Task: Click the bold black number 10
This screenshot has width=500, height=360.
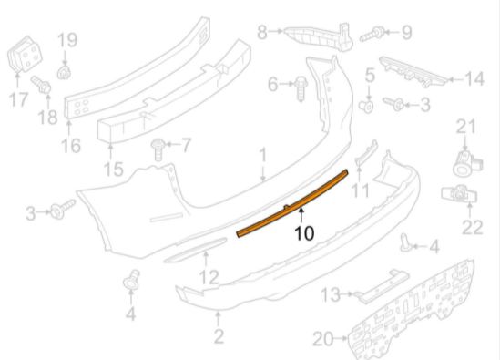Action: tap(304, 233)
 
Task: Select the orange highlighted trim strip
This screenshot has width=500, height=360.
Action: tap(291, 203)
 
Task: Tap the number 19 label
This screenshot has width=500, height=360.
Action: tap(67, 40)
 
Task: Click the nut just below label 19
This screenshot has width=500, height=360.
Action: tap(64, 73)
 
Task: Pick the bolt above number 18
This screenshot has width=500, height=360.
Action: tap(41, 84)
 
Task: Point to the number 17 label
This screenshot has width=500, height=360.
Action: tap(18, 99)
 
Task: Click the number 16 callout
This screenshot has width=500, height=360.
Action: tap(70, 146)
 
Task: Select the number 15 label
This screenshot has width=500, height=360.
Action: tap(114, 170)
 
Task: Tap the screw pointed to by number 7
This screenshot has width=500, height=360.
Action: tap(158, 149)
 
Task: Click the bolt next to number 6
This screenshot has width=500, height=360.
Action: tap(301, 88)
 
